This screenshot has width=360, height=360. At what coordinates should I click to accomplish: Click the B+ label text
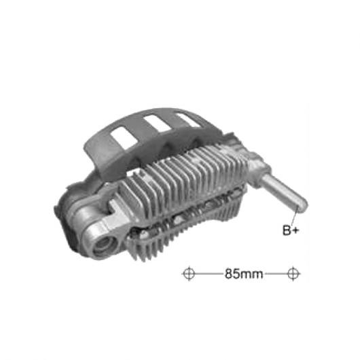pos(291,230)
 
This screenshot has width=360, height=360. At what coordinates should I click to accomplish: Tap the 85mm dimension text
pos(244,274)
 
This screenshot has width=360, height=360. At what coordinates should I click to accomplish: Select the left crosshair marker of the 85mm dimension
pos(189,274)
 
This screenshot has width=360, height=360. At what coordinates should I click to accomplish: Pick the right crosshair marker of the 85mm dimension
pos(293,274)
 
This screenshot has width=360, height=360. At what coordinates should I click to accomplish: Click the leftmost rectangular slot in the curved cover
pos(124,138)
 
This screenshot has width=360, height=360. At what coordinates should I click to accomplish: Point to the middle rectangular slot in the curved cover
pos(158,124)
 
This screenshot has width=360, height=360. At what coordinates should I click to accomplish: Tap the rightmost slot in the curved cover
pos(187,119)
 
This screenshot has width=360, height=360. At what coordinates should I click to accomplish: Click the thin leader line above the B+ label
pos(295,214)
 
